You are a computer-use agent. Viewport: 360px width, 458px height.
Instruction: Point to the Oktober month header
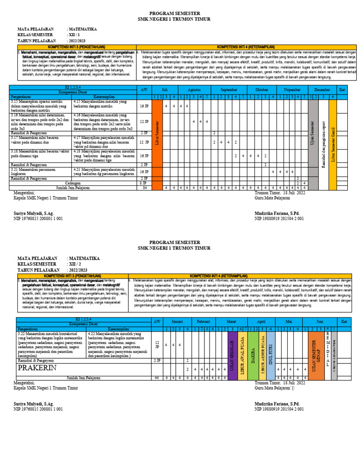(262, 89)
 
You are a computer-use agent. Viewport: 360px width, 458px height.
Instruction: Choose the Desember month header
(322, 89)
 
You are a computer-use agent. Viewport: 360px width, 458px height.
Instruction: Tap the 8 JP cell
(144, 183)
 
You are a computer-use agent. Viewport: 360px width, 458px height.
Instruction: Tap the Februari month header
(203, 322)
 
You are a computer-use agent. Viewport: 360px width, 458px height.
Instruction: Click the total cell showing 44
(157, 377)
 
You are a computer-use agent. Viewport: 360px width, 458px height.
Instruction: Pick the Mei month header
(289, 322)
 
